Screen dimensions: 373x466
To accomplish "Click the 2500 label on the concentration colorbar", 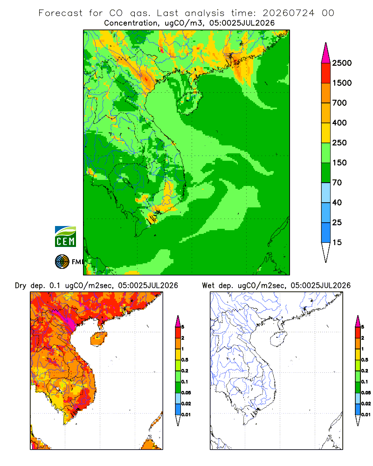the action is tap(342, 63).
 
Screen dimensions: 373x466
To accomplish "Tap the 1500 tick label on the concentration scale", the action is tap(342, 83).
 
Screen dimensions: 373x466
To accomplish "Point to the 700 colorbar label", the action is tap(339, 103).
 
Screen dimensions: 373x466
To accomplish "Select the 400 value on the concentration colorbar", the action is tap(339, 123).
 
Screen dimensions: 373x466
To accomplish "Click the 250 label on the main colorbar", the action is tap(339, 143).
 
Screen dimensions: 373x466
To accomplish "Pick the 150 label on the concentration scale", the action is tap(339, 163).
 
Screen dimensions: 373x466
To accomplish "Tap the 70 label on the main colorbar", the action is tap(337, 183).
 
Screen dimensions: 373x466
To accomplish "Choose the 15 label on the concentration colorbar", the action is tap(337, 242).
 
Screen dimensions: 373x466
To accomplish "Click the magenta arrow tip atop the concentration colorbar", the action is tap(326, 53).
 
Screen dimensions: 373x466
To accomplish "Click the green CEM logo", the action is tap(65, 237).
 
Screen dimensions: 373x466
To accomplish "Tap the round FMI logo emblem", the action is tap(62, 262).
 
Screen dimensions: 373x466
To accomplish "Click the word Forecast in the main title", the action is tap(61, 13).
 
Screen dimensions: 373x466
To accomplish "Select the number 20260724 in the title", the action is tap(288, 13).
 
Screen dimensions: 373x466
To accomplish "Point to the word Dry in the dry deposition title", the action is tap(21, 286).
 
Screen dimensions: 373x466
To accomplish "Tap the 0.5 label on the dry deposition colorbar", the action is tap(185, 360).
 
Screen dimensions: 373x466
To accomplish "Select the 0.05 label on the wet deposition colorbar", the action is tap(366, 392).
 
